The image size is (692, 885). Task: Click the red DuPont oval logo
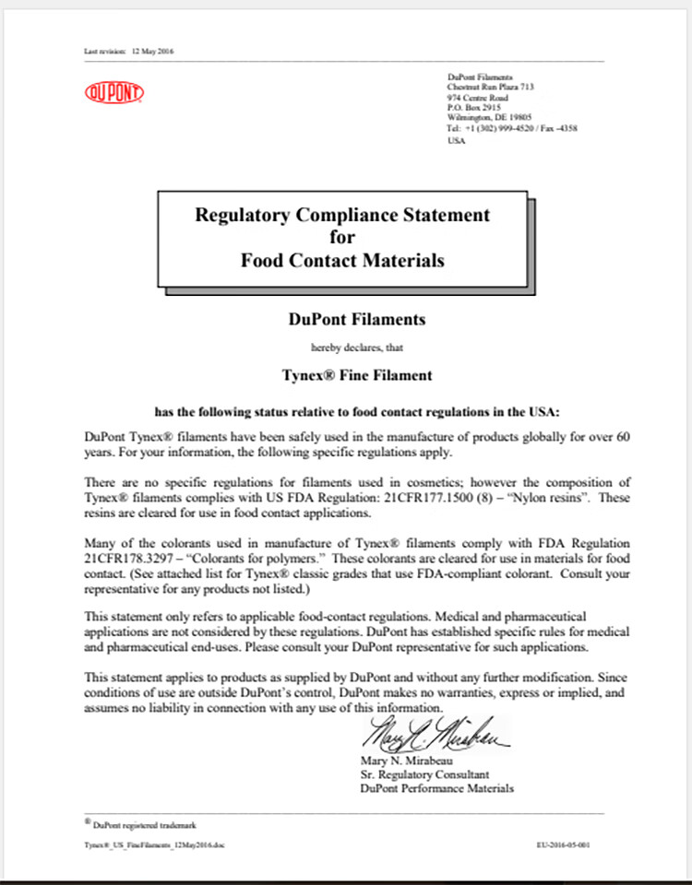pos(114,92)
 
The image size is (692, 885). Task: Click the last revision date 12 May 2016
pos(152,51)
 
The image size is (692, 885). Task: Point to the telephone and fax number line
pos(512,128)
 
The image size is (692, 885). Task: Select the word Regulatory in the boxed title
pos(244,215)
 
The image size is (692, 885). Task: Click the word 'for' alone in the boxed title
pos(342,237)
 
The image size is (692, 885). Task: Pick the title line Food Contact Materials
pos(342,260)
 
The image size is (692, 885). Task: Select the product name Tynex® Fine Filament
pos(343,376)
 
